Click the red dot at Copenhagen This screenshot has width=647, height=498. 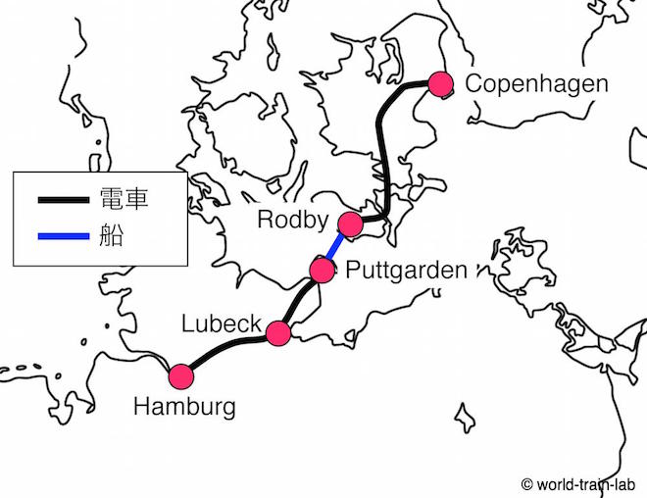pos(440,84)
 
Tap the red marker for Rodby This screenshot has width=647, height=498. pos(350,224)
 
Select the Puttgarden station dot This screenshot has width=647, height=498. pos(322,270)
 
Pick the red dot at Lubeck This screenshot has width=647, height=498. pos(279,333)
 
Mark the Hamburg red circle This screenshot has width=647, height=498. pos(180,376)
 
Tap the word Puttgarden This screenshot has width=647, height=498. pos(406,270)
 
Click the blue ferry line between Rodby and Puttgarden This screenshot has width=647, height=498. pos(335,248)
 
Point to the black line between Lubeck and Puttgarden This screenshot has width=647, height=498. pos(299,298)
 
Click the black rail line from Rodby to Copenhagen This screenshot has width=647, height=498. pos(383,147)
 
